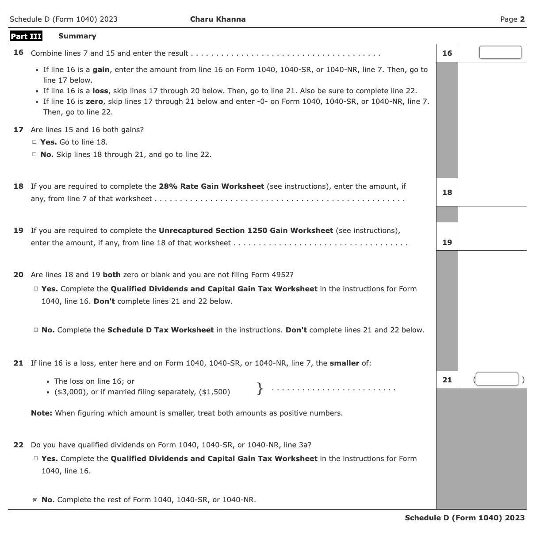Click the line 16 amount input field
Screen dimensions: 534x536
tap(500, 53)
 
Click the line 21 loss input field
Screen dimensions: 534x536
tap(497, 379)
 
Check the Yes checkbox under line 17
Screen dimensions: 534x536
tap(34, 142)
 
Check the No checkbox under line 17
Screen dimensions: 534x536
tap(34, 155)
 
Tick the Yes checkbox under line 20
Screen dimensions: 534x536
tap(36, 289)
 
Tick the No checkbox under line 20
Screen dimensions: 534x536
tap(36, 330)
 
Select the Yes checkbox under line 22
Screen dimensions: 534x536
tap(36, 459)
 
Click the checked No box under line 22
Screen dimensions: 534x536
tap(35, 500)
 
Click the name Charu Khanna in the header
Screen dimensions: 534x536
tap(218, 19)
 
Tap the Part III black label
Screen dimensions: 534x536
tap(26, 36)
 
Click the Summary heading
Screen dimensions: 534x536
tap(77, 36)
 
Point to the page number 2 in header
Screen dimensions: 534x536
tap(522, 19)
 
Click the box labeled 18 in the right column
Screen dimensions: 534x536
tap(447, 192)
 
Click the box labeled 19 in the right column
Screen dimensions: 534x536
tap(447, 242)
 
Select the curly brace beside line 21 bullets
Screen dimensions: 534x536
tap(260, 388)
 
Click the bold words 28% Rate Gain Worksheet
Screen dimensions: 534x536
tap(211, 187)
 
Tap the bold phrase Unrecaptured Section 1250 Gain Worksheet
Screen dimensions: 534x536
tap(245, 231)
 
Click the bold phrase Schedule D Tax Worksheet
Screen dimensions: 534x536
tap(160, 330)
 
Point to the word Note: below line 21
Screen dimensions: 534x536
tap(42, 413)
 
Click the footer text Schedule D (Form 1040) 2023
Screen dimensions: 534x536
tap(464, 518)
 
